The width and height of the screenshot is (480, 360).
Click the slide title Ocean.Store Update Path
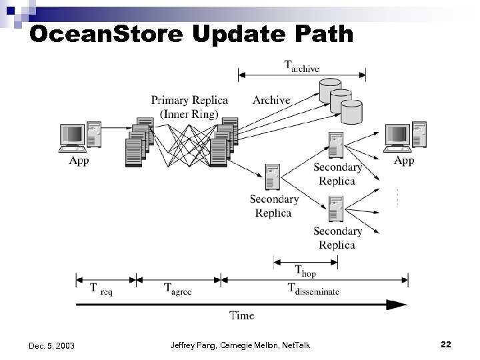(191, 33)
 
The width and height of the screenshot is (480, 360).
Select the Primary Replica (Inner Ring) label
(189, 107)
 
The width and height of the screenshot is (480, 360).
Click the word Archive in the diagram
(271, 101)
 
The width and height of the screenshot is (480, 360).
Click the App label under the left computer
(79, 161)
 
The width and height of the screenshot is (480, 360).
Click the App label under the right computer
(404, 161)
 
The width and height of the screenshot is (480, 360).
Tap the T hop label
(305, 271)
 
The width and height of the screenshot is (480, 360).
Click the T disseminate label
(313, 289)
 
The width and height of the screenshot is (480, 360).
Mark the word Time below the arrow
(241, 315)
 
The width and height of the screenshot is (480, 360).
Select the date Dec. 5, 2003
(52, 345)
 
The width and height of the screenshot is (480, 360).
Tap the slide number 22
(446, 345)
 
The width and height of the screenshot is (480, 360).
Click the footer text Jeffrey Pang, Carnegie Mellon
(240, 345)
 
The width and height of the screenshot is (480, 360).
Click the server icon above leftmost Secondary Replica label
(271, 177)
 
